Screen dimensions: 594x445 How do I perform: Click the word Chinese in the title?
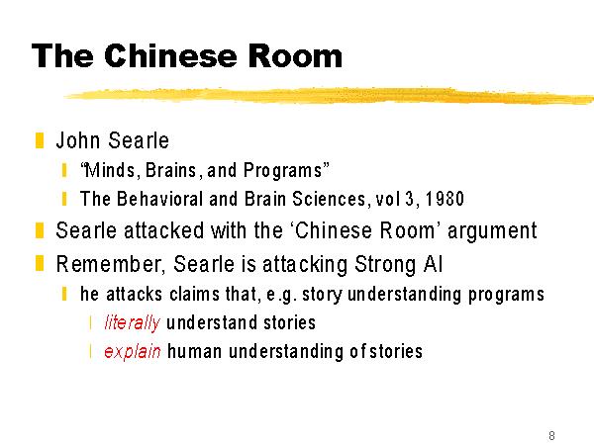click(x=170, y=55)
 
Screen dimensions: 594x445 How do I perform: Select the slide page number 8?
click(x=551, y=435)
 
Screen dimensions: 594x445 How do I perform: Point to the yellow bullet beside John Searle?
click(x=40, y=140)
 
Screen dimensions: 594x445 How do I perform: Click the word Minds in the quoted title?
click(x=109, y=170)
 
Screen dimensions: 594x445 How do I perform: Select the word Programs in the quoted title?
click(x=282, y=171)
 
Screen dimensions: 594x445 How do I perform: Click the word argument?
click(x=492, y=231)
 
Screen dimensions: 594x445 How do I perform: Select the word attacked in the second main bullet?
click(x=163, y=230)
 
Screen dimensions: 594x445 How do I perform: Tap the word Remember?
click(x=109, y=264)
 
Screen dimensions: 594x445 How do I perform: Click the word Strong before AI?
click(x=385, y=265)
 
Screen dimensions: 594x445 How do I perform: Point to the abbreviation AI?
click(x=433, y=264)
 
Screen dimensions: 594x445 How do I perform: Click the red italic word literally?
click(x=133, y=323)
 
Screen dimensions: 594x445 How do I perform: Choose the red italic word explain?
click(x=133, y=352)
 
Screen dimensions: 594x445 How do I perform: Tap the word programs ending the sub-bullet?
click(x=506, y=295)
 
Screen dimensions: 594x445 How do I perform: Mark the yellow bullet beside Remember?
click(x=40, y=264)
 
